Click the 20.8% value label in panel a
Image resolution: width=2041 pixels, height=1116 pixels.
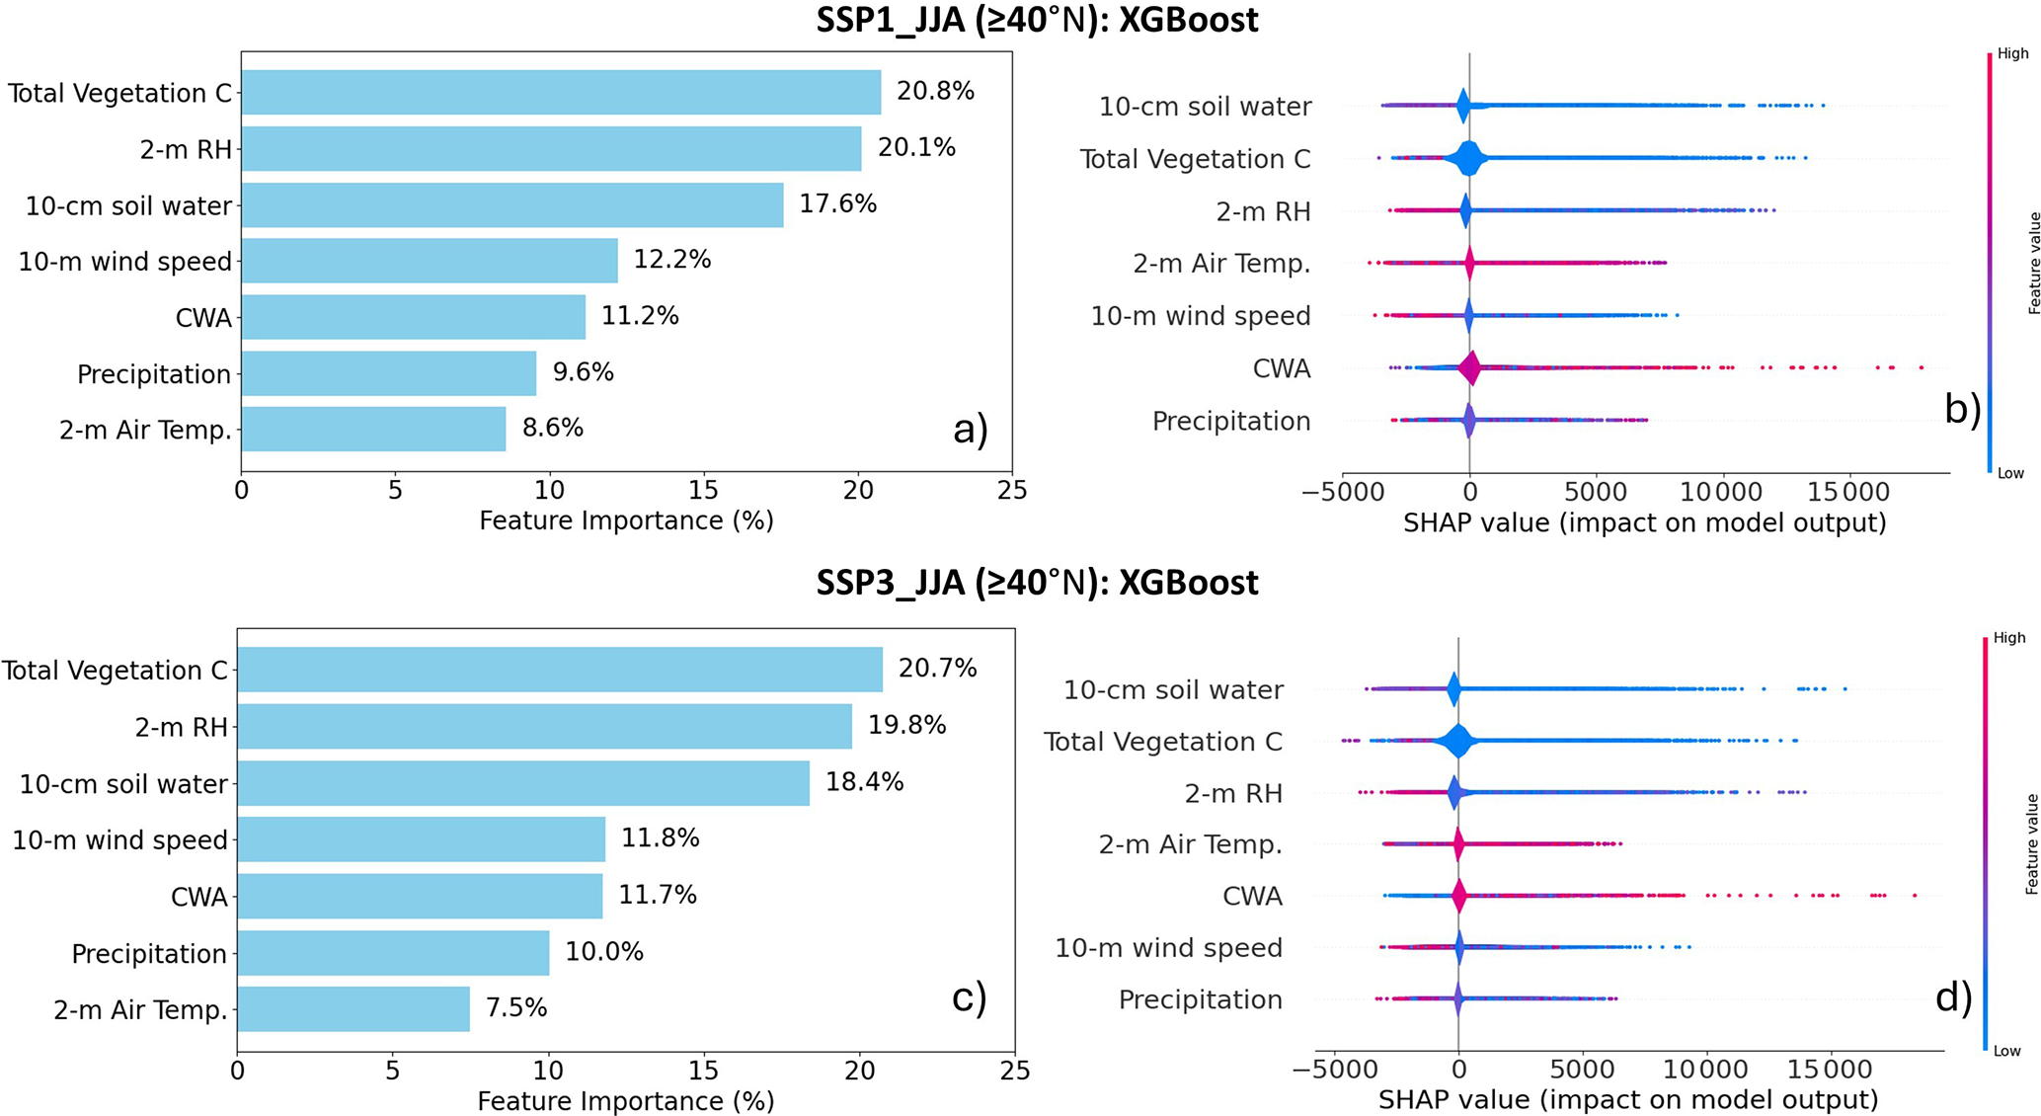pyautogui.click(x=934, y=92)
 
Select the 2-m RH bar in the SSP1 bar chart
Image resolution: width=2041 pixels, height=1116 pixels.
pyautogui.click(x=551, y=149)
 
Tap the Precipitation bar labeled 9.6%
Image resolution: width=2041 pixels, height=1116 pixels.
pyautogui.click(x=389, y=373)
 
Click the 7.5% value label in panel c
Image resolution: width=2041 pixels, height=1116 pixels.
pyautogui.click(x=515, y=1007)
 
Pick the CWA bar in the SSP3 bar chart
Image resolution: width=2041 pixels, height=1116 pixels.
pyautogui.click(x=420, y=896)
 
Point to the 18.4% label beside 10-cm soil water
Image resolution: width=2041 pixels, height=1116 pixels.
pyautogui.click(x=864, y=782)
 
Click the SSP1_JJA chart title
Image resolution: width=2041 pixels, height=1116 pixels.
pyautogui.click(x=1037, y=20)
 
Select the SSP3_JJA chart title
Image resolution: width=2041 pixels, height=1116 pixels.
pyautogui.click(x=1037, y=583)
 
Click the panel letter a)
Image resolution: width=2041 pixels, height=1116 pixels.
pyautogui.click(x=970, y=430)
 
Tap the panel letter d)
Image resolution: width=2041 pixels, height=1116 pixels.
pyautogui.click(x=1953, y=997)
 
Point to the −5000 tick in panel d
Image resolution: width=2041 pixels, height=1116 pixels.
pyautogui.click(x=1334, y=1071)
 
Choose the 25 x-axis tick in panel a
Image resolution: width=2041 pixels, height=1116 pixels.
pyautogui.click(x=1012, y=491)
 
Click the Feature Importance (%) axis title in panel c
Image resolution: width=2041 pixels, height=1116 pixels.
pyautogui.click(x=625, y=1100)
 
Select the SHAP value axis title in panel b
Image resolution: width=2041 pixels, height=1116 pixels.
pyautogui.click(x=1644, y=522)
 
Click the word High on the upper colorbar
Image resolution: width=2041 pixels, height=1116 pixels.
pyautogui.click(x=2012, y=54)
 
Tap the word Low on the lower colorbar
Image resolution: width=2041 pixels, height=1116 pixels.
pyautogui.click(x=2006, y=1051)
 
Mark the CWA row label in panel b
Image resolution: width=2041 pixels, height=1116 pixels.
pyautogui.click(x=1281, y=368)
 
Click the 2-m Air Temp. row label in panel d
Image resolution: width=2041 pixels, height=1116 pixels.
pyautogui.click(x=1190, y=844)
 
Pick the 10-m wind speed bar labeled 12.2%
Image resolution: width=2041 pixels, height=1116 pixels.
pyautogui.click(x=430, y=261)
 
